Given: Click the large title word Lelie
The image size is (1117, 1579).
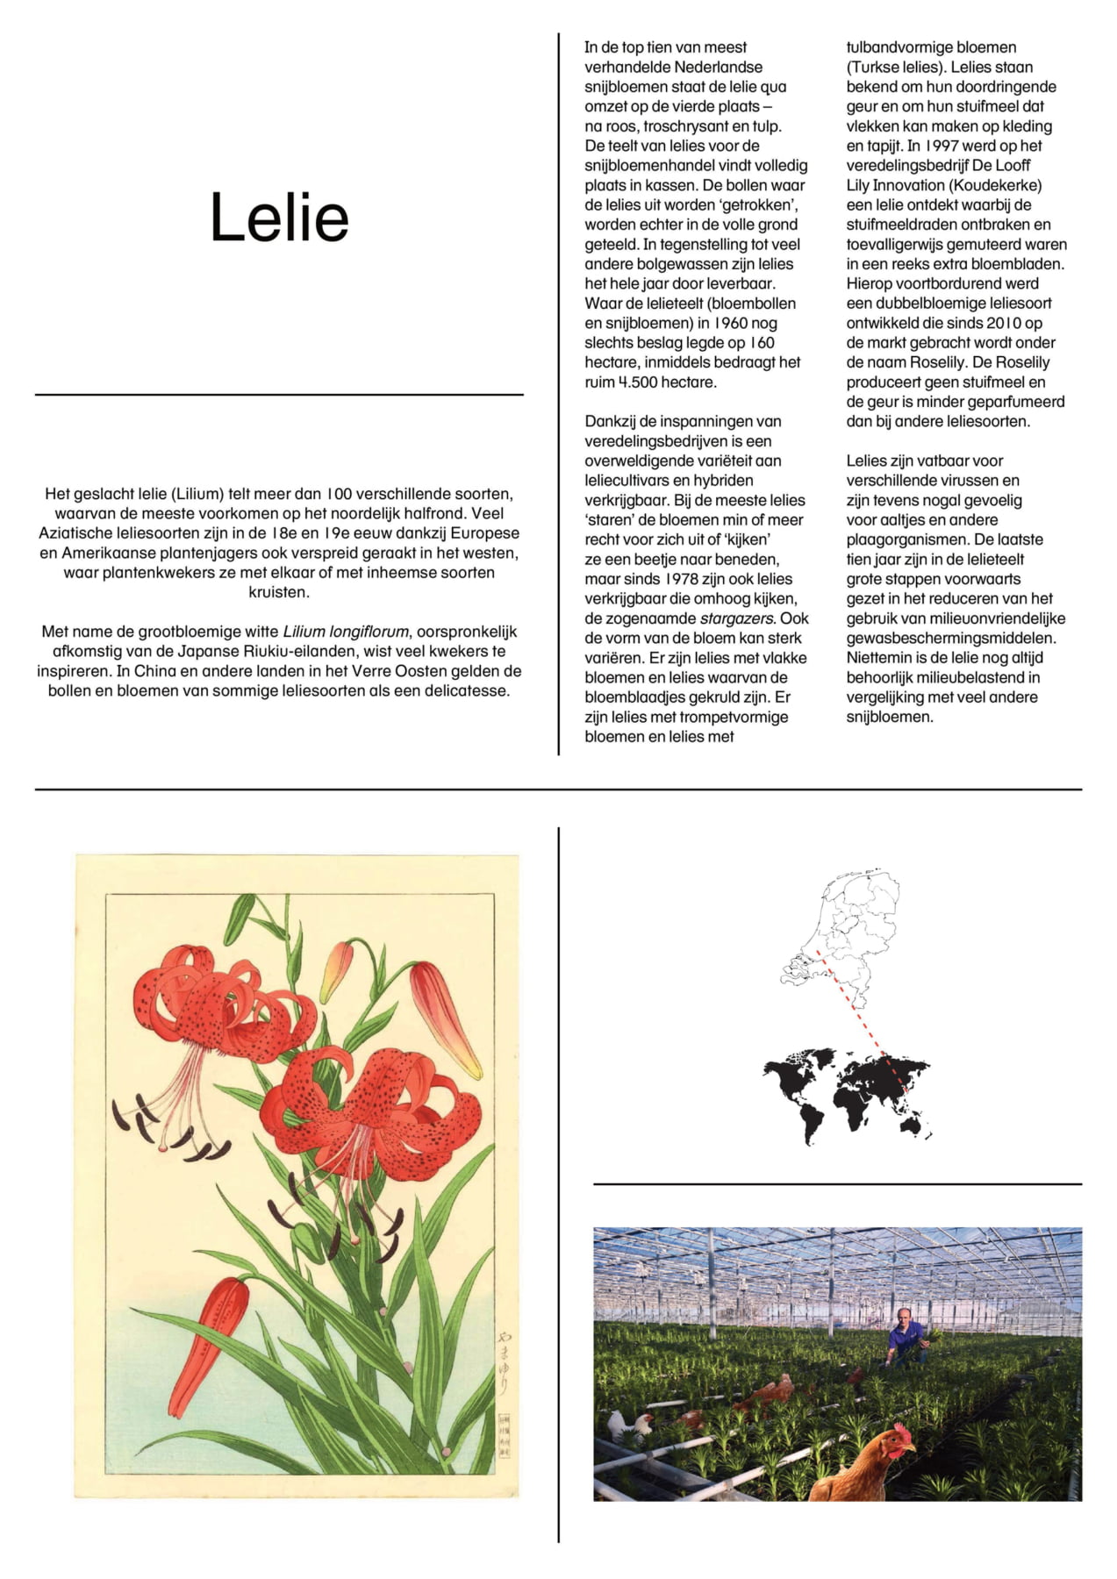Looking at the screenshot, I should (x=279, y=218).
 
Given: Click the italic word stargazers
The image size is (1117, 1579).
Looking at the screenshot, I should (x=737, y=618).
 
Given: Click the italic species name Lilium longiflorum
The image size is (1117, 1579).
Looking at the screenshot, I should (x=345, y=632).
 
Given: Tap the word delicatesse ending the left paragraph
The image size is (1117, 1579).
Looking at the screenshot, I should (x=466, y=690).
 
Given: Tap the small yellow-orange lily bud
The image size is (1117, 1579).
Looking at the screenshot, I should (x=335, y=969).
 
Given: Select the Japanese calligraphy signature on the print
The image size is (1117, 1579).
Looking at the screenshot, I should (x=504, y=1364).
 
